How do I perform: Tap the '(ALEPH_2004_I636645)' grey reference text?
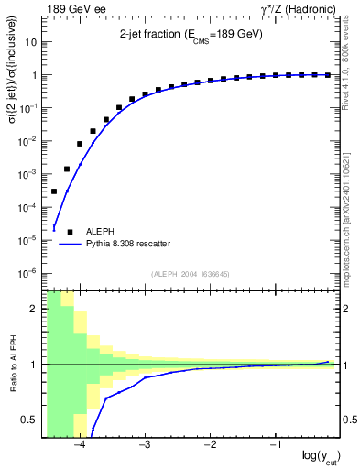pyautogui.click(x=191, y=273)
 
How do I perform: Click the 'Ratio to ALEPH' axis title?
pyautogui.click(x=12, y=364)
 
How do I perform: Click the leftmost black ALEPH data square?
pyautogui.click(x=54, y=191)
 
